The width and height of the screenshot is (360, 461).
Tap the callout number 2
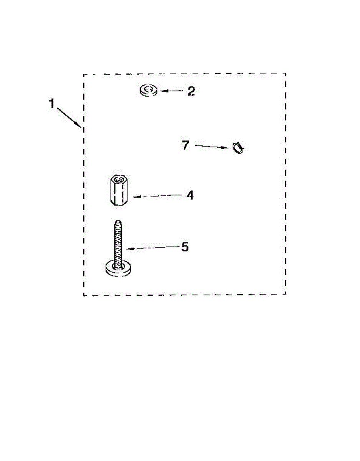[191, 91]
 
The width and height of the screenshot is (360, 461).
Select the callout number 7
[186, 146]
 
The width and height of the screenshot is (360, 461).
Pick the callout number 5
[185, 247]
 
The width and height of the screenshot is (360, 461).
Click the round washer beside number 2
[149, 91]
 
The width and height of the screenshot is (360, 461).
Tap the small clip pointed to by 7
[238, 148]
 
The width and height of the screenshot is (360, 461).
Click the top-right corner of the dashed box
[286, 74]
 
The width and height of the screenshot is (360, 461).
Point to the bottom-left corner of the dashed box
[84, 295]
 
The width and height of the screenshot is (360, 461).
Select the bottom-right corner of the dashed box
[286, 294]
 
